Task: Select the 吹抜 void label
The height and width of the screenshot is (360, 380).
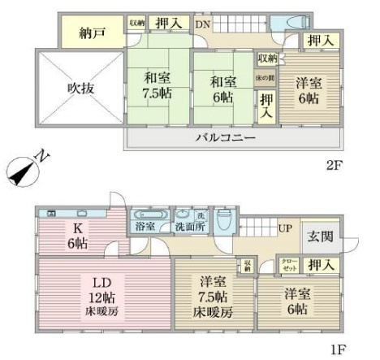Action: pyautogui.click(x=80, y=88)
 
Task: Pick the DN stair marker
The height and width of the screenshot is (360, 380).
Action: pyautogui.click(x=201, y=24)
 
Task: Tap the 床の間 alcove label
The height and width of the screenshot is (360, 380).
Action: pyautogui.click(x=265, y=77)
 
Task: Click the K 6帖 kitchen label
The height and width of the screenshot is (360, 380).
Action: pyautogui.click(x=78, y=236)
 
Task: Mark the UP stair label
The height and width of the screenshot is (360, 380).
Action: pyautogui.click(x=285, y=229)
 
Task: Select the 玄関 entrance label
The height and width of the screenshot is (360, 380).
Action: pyautogui.click(x=318, y=236)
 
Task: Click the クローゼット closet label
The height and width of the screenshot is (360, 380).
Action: pyautogui.click(x=290, y=263)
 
